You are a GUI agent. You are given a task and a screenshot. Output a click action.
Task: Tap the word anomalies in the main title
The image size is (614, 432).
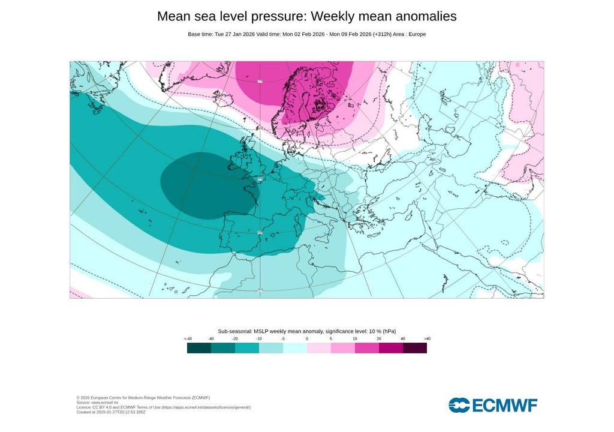coord(422,17)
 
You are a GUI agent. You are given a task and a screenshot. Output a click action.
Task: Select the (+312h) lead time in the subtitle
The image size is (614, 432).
coord(380,34)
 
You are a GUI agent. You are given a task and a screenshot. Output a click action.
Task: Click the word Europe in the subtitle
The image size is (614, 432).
coord(417,34)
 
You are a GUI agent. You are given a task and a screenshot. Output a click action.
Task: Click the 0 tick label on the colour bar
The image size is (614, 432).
coord(307,339)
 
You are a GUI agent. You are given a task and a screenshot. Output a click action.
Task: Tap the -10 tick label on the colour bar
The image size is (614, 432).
coord(259,339)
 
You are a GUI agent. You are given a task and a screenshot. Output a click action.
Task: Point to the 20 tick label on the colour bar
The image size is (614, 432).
coord(379,339)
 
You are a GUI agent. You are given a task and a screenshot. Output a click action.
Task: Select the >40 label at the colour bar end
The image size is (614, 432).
coord(427,339)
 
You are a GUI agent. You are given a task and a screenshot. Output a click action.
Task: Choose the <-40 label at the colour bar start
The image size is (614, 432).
coord(188,339)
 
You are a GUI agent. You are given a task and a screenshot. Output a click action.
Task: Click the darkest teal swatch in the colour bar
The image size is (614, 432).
coord(199,348)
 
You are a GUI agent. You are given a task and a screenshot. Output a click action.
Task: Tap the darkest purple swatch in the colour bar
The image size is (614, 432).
coord(415,348)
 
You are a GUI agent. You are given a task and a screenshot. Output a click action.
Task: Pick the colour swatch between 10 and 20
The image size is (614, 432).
coord(367,348)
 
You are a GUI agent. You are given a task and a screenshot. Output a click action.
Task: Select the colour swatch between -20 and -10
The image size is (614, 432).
coord(247,348)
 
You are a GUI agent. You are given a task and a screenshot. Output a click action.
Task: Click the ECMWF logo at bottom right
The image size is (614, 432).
coord(493,405)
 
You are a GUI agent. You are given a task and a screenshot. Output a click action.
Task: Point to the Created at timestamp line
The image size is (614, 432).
coord(111,412)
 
